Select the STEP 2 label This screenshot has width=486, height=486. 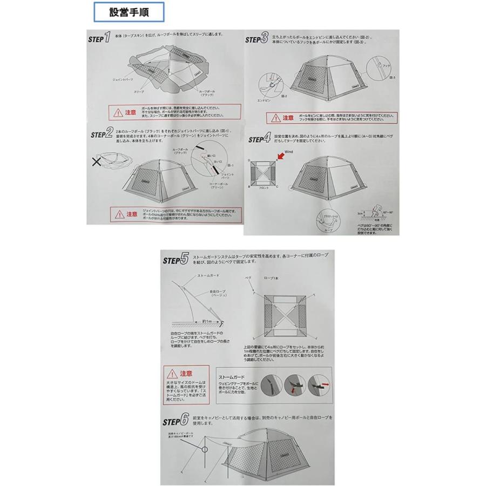(102, 132)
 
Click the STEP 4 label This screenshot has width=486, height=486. (259, 138)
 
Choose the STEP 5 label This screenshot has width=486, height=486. (175, 260)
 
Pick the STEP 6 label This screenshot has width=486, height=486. (175, 420)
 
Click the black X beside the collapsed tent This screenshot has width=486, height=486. (97, 162)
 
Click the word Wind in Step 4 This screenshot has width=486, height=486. (289, 153)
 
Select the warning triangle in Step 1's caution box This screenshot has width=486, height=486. (117, 113)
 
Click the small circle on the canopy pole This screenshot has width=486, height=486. (206, 448)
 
